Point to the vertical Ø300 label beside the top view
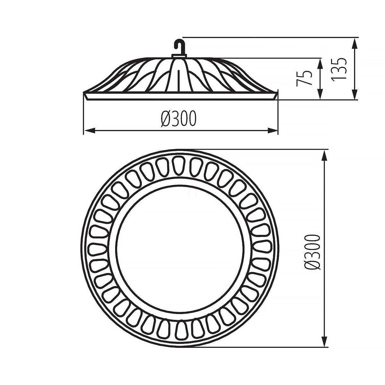(313, 252)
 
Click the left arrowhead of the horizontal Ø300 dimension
(89, 131)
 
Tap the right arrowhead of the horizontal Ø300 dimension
(272, 131)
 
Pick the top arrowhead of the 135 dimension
(355, 43)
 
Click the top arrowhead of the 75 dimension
(320, 64)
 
